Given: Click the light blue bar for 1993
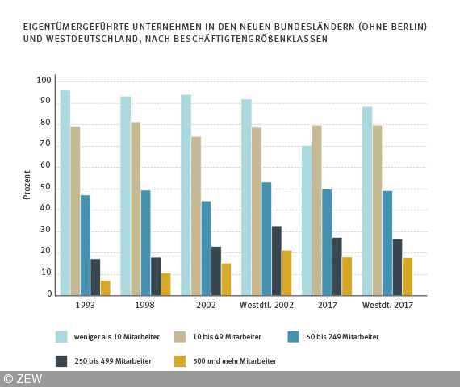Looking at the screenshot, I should [65, 193].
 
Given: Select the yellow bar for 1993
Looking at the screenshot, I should [106, 288].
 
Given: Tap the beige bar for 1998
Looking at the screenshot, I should [136, 209].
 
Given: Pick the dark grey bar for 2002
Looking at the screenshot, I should [216, 271].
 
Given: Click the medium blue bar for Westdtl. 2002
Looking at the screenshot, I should [266, 239].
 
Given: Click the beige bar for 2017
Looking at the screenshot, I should [317, 210].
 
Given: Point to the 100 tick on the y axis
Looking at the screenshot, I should [44, 81].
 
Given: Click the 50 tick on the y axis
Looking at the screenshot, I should [46, 188].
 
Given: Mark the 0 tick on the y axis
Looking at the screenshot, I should [48, 295].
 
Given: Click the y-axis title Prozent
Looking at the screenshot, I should [27, 185].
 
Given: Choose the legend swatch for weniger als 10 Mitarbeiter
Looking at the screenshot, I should [61, 337].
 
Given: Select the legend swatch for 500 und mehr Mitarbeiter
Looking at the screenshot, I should [180, 361].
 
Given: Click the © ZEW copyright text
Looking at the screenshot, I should [23, 378].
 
